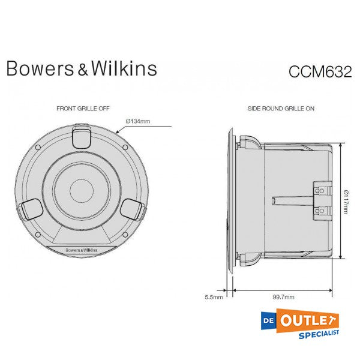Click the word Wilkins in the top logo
click(x=124, y=68)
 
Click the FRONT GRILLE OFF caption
click(x=82, y=109)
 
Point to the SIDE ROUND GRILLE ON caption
click(x=281, y=109)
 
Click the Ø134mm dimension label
click(x=138, y=122)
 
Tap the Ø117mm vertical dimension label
click(x=347, y=202)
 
